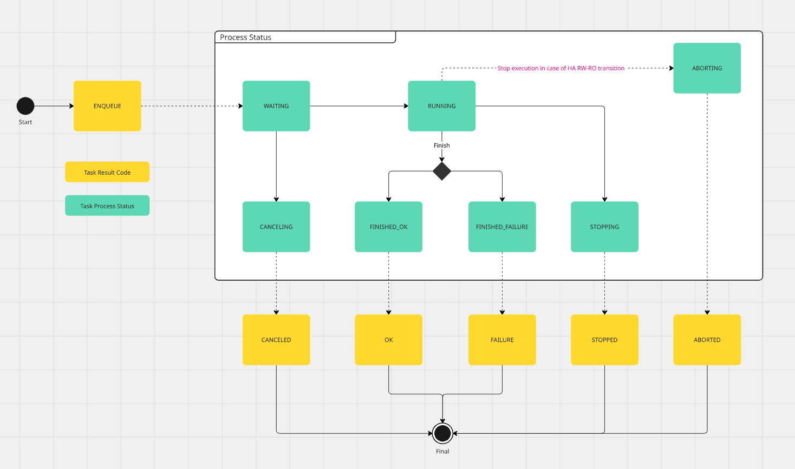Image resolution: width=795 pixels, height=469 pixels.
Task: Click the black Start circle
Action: (25, 106)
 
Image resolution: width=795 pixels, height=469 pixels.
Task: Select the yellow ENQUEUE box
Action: (107, 106)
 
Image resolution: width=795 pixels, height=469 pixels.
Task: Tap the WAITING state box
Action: (276, 106)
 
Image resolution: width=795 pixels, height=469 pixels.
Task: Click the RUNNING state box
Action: (441, 106)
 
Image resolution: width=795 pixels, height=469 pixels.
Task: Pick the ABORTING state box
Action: (707, 68)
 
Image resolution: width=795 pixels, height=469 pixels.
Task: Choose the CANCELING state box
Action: (276, 227)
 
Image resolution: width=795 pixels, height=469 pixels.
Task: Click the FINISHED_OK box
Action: (388, 227)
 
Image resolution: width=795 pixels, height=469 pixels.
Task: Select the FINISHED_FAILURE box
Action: (502, 227)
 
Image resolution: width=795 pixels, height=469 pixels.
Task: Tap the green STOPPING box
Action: (604, 227)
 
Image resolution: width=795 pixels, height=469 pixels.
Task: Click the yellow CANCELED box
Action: (276, 340)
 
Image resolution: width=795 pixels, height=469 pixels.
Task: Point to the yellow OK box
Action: (388, 340)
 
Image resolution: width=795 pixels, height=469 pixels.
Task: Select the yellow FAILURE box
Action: (502, 340)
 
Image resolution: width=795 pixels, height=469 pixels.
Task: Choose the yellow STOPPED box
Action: (604, 340)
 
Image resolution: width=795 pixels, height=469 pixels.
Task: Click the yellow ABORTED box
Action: (707, 340)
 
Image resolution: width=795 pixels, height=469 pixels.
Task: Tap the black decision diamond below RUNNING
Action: (442, 171)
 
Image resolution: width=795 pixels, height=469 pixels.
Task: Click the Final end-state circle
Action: (442, 433)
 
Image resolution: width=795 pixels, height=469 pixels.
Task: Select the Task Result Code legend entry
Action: (107, 172)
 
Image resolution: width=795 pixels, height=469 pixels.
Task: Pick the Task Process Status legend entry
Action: (107, 206)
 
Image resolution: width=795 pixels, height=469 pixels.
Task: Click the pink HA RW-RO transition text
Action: (561, 68)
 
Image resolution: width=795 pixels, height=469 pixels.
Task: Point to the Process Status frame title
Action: (246, 37)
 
